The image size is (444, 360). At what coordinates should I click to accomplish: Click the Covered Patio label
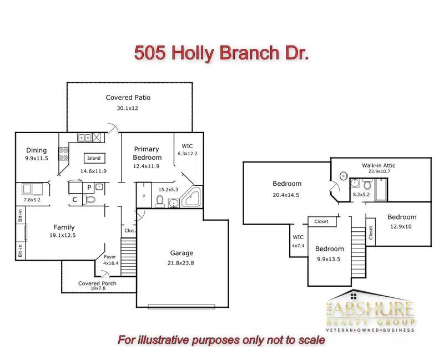(128, 98)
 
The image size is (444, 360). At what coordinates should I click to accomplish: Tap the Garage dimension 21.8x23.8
(181, 263)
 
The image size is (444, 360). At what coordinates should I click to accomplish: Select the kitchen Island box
(94, 158)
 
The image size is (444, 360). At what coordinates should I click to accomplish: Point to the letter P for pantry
(89, 187)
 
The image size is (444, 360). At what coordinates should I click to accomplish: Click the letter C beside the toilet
(75, 200)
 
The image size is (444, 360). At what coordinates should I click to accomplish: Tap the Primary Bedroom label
(147, 153)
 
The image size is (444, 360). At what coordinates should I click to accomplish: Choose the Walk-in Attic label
(379, 165)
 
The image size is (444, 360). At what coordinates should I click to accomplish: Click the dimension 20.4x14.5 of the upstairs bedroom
(286, 195)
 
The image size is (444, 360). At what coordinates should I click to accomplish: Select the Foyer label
(110, 257)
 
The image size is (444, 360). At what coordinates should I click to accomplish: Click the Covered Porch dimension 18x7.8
(98, 288)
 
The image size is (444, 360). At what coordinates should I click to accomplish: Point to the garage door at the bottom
(181, 306)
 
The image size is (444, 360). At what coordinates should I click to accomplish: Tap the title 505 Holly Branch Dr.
(221, 53)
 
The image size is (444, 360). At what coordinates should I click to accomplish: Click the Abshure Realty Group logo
(370, 311)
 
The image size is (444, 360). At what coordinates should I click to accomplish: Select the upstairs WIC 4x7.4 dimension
(298, 246)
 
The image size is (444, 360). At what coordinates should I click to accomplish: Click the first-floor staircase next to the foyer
(129, 257)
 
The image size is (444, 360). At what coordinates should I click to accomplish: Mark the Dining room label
(36, 150)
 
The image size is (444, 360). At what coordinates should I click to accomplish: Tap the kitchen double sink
(84, 138)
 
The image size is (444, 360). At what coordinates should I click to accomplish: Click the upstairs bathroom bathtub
(381, 190)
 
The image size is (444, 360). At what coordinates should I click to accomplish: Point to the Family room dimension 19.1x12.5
(63, 235)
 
